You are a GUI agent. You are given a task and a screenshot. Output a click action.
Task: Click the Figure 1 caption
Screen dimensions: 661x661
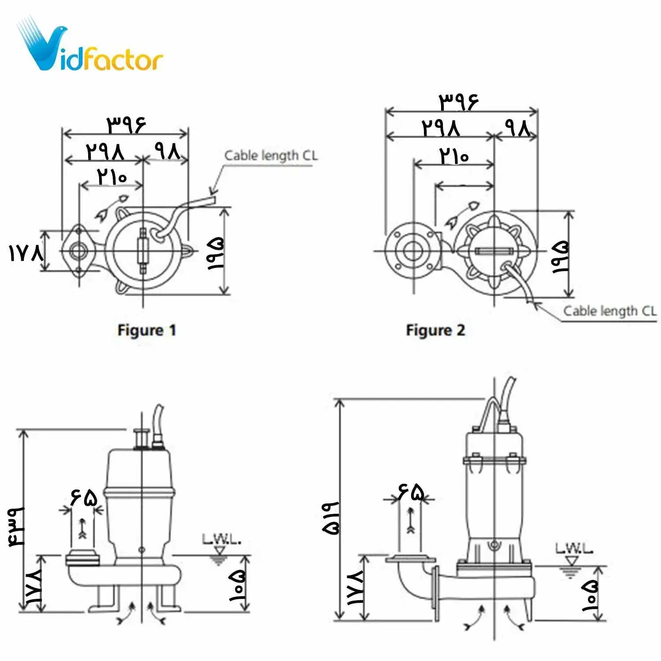tap(146, 330)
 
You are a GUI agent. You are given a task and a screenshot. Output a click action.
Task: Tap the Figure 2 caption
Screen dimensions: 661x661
tap(435, 330)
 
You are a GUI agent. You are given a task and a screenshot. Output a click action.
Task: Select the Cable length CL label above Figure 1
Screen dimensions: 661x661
tap(271, 156)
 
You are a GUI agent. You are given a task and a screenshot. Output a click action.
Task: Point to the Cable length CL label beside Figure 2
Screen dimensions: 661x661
tap(609, 311)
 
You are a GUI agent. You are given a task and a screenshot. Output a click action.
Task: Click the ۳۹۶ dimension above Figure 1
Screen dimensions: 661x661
tap(126, 125)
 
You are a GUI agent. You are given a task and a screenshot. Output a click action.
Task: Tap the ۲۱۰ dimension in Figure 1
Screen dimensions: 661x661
tap(112, 177)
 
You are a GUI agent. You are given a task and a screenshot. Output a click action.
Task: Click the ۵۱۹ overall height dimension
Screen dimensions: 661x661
tap(331, 518)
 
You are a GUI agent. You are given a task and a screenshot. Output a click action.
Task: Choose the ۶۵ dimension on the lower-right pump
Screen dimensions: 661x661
tap(411, 491)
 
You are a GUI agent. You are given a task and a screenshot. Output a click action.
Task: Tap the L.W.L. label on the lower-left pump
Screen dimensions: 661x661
tap(221, 539)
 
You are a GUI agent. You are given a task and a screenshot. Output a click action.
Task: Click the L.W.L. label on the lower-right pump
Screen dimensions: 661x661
tap(574, 549)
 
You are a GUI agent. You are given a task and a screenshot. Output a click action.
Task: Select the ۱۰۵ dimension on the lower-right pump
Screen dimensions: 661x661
tap(590, 595)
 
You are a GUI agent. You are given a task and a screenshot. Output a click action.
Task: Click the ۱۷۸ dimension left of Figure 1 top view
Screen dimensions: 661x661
tap(26, 253)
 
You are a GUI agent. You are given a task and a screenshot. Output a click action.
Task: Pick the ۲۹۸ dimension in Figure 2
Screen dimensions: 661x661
tap(441, 128)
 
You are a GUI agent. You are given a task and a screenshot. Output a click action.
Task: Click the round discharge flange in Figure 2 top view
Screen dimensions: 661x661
tap(412, 251)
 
